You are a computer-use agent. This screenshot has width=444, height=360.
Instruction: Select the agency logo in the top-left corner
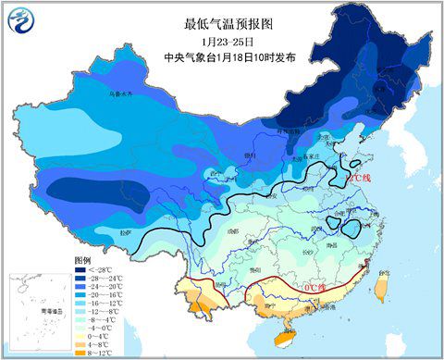click(x=19, y=20)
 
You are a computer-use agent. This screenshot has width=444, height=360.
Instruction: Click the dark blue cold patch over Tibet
click(x=92, y=193)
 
